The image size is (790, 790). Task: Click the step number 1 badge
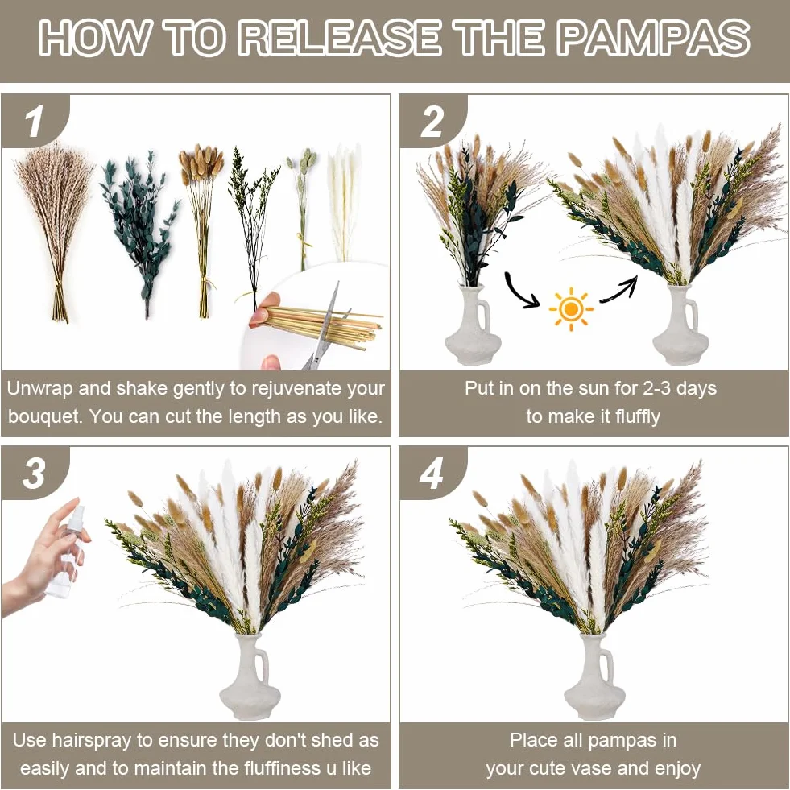[35, 122]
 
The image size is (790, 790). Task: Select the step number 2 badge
[432, 122]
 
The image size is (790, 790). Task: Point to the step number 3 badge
[35, 474]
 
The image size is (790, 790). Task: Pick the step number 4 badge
[432, 474]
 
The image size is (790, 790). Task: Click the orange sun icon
[571, 309]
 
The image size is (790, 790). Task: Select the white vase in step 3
[243, 676]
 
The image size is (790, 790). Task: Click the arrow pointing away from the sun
[618, 289]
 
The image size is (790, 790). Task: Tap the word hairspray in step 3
[94, 740]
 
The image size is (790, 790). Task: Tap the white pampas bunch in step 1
[344, 201]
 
